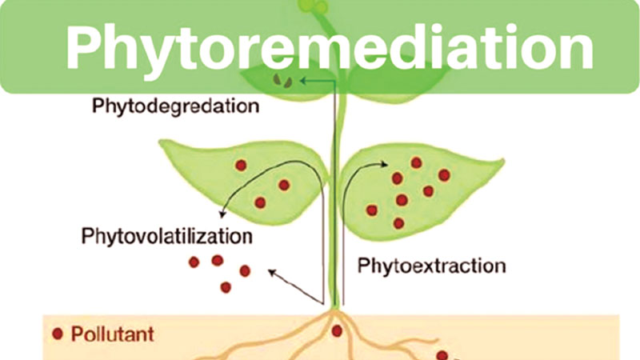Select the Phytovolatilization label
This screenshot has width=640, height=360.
(166, 237)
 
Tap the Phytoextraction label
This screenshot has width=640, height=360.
(431, 265)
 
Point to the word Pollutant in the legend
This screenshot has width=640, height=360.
(113, 334)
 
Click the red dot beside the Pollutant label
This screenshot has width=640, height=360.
(58, 334)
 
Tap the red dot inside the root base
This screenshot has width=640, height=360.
(337, 330)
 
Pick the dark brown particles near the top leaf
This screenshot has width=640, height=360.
(282, 80)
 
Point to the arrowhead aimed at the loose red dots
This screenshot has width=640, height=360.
(270, 272)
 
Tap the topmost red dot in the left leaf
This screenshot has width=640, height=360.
(241, 166)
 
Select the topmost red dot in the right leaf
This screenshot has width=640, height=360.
(416, 162)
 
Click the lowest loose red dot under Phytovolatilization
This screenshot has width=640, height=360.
(226, 286)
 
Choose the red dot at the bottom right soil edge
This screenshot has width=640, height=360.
(442, 355)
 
